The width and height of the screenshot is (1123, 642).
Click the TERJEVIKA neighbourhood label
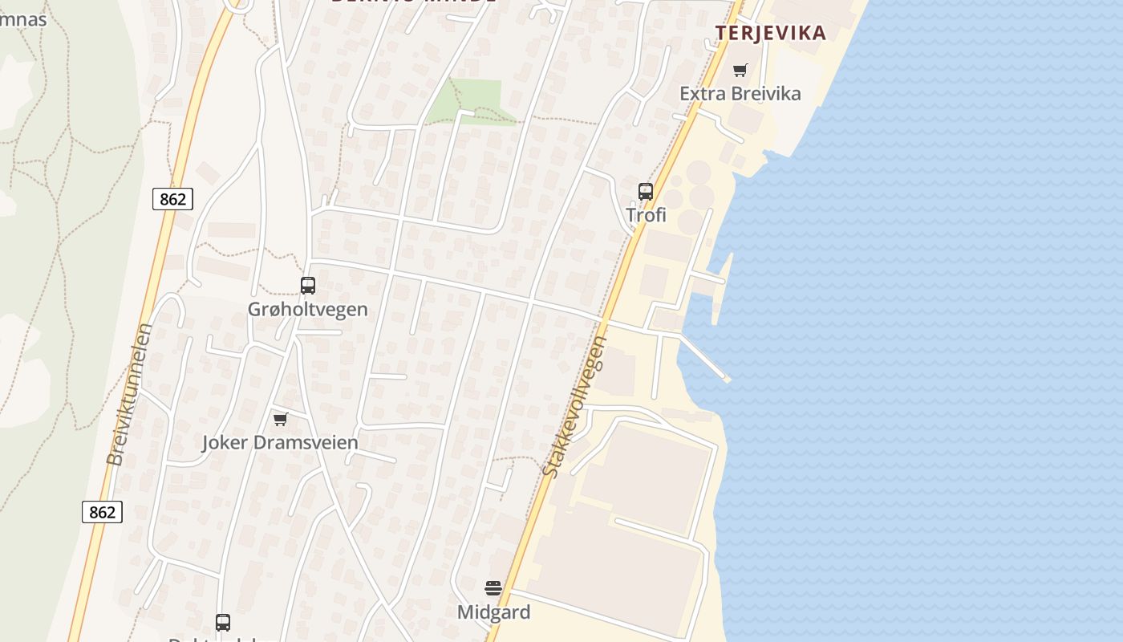tap(770, 33)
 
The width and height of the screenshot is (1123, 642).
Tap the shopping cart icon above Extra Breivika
tap(740, 70)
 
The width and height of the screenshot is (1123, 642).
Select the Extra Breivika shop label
tap(740, 93)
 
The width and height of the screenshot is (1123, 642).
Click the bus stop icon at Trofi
tap(646, 192)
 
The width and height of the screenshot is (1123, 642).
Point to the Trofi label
tap(646, 215)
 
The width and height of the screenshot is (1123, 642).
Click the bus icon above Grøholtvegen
tap(308, 285)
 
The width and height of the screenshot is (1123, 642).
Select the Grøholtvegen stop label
tap(308, 309)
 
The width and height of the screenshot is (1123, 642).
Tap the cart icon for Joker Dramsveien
tap(281, 419)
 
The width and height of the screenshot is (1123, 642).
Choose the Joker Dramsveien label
tap(280, 442)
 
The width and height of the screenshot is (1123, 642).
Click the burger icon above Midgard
tap(493, 588)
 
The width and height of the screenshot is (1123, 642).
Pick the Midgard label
tap(493, 612)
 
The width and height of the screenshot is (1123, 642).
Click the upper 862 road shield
tap(172, 199)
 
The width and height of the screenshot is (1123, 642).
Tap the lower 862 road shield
tap(102, 512)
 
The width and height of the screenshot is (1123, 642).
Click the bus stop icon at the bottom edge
tap(223, 622)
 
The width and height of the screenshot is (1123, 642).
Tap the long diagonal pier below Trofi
tap(703, 357)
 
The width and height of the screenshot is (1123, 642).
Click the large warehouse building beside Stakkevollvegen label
tap(647, 478)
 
